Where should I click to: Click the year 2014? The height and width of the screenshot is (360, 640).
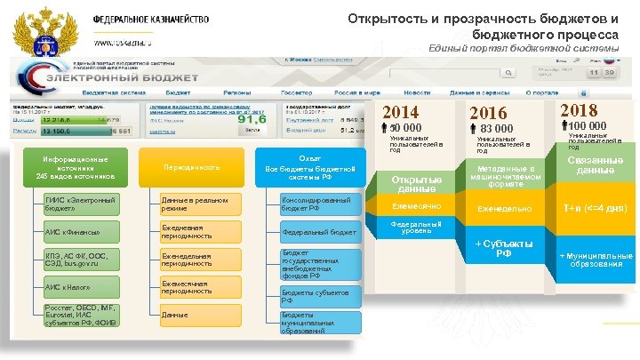pyautogui.click(x=401, y=112)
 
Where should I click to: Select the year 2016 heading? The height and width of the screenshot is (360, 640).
pyautogui.click(x=488, y=113)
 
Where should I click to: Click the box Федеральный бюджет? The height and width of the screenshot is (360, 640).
pyautogui.click(x=320, y=232)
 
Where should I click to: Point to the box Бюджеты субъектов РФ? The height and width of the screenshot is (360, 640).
pyautogui.click(x=320, y=296)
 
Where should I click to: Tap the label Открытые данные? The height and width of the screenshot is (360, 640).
pyautogui.click(x=416, y=184)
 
